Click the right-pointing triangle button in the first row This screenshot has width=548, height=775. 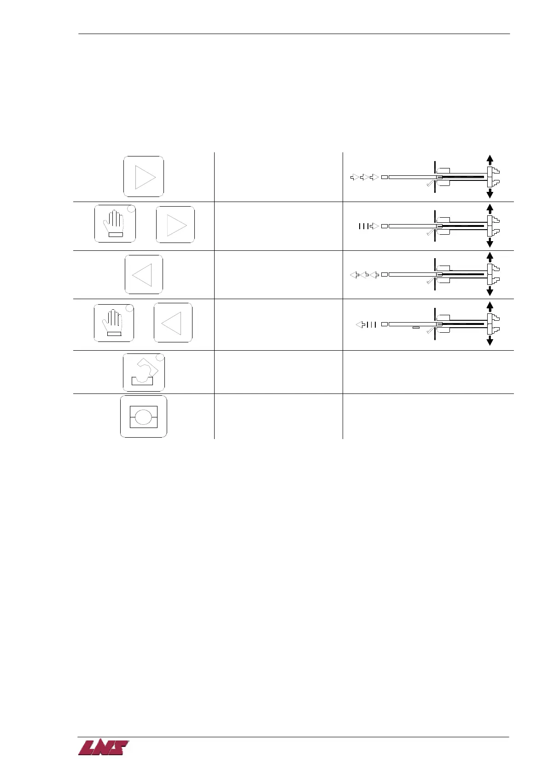pyautogui.click(x=144, y=177)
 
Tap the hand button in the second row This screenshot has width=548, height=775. pyautogui.click(x=115, y=224)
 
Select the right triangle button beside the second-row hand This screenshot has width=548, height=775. pyautogui.click(x=175, y=225)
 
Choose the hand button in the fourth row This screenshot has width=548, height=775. pyautogui.click(x=114, y=322)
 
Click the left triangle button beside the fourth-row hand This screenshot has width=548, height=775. pyautogui.click(x=173, y=323)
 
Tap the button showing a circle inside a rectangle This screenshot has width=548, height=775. pyautogui.click(x=144, y=416)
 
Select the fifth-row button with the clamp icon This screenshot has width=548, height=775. pyautogui.click(x=143, y=372)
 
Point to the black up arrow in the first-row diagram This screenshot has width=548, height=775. pyautogui.click(x=490, y=159)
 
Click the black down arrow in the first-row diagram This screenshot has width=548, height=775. pyautogui.click(x=490, y=193)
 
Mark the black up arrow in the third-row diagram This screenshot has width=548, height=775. pyautogui.click(x=490, y=257)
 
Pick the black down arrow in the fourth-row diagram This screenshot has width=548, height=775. pyautogui.click(x=490, y=341)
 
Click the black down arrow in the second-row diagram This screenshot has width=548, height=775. pyautogui.click(x=490, y=243)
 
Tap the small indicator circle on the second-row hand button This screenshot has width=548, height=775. pyautogui.click(x=131, y=209)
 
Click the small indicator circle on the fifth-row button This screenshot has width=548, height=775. pyautogui.click(x=160, y=358)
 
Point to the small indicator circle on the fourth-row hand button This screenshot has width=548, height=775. pyautogui.click(x=130, y=308)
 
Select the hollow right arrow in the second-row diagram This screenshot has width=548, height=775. pyautogui.click(x=374, y=226)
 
